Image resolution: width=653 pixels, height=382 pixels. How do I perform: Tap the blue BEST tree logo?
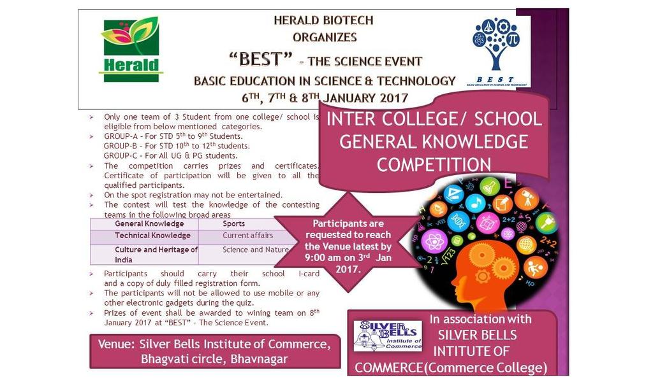496,52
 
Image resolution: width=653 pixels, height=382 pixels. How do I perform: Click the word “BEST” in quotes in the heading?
261,59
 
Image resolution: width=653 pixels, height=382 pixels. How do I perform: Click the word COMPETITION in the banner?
434,165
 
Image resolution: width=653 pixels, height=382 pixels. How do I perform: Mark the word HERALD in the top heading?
293,20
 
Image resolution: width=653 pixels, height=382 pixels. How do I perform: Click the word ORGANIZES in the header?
325,38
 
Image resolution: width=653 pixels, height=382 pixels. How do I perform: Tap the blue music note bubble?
475,203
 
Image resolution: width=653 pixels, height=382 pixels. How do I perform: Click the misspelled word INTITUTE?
471,351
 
